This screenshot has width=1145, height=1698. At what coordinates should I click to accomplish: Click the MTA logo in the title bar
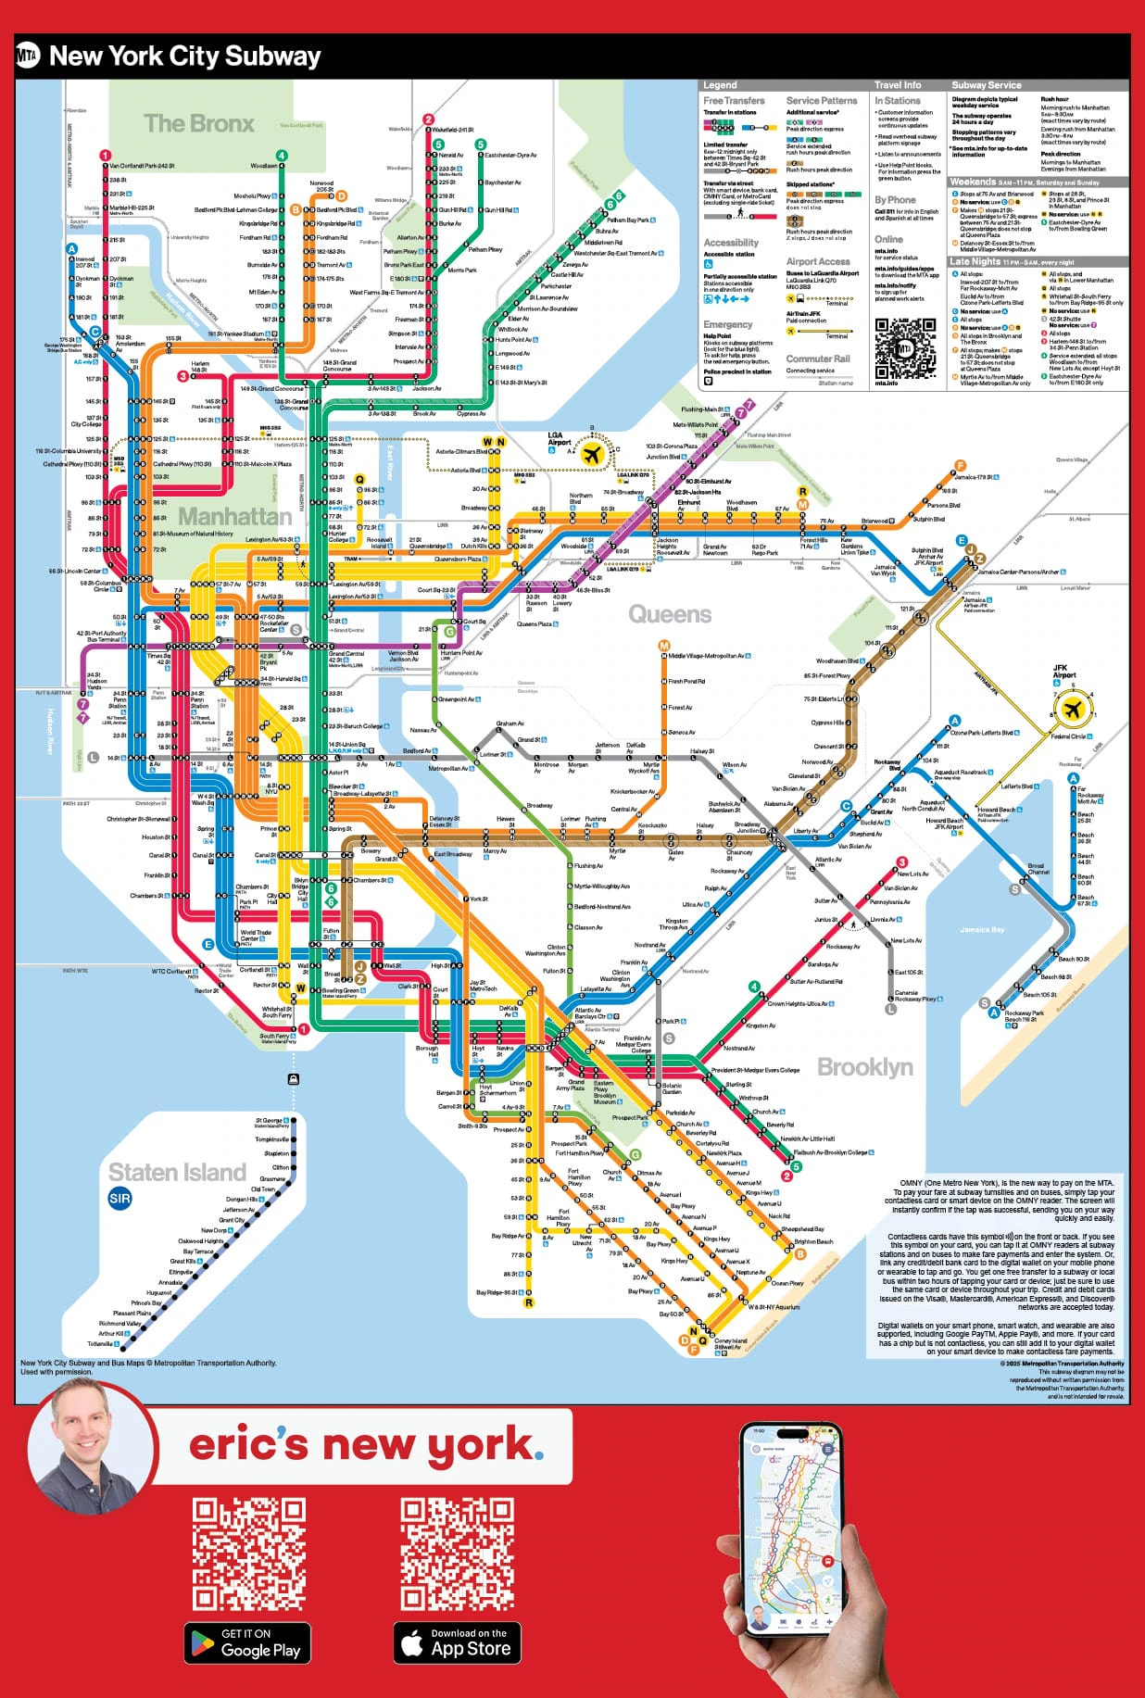[x=28, y=57]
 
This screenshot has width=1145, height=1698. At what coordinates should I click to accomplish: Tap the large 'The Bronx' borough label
[x=198, y=123]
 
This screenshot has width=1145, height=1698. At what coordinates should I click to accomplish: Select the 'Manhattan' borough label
[x=234, y=516]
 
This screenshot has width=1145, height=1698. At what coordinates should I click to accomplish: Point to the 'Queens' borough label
[x=670, y=614]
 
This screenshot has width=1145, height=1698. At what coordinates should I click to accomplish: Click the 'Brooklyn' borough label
[x=864, y=1067]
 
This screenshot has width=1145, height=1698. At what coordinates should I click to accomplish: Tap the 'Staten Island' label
[x=177, y=1172]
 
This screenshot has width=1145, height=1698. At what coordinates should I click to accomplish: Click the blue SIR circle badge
[x=120, y=1199]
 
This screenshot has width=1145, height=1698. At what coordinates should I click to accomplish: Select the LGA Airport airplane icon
[x=592, y=454]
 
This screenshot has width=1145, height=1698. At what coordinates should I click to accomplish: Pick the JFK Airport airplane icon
[x=1073, y=711]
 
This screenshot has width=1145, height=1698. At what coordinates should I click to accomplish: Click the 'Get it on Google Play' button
[x=246, y=1642]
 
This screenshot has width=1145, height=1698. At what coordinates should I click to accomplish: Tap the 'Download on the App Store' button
[x=457, y=1642]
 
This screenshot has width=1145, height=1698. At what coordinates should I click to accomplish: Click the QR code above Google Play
[x=248, y=1554]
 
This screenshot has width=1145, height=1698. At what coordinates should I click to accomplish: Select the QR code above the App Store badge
[x=457, y=1554]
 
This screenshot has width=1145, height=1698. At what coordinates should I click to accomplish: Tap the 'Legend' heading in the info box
[x=720, y=85]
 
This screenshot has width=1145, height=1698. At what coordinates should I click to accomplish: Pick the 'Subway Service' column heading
[x=987, y=85]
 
